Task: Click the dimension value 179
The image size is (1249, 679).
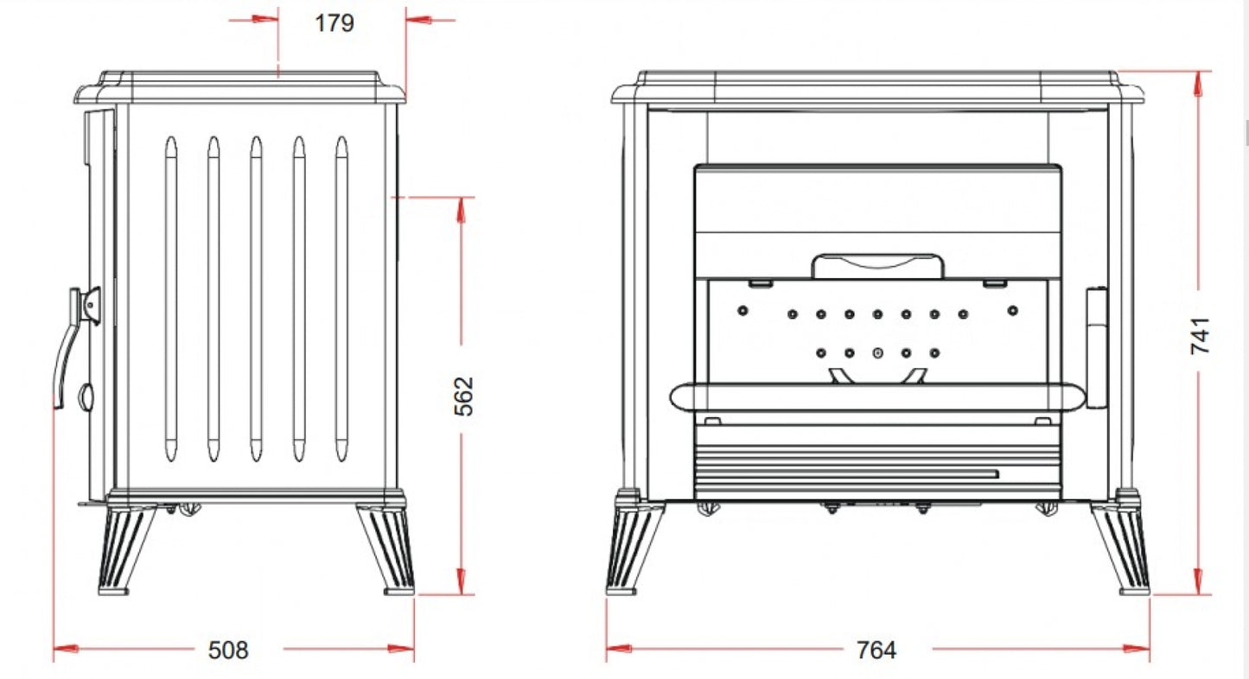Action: (335, 22)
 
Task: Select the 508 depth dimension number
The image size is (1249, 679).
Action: (228, 650)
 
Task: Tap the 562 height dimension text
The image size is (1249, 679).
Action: (464, 397)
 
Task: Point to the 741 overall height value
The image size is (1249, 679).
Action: (1201, 335)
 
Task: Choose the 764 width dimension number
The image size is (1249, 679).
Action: (876, 650)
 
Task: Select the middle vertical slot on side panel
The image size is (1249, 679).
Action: (256, 299)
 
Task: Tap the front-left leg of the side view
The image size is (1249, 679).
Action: (127, 549)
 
